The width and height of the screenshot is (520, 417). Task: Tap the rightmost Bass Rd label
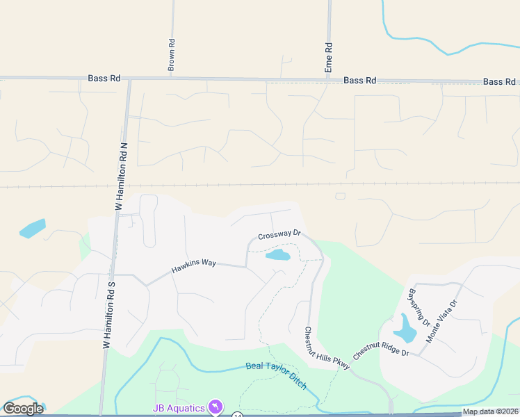click(499, 81)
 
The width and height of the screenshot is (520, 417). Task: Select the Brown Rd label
click(171, 55)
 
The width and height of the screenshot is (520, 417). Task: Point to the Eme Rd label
click(329, 58)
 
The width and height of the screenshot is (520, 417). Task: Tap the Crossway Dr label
click(278, 235)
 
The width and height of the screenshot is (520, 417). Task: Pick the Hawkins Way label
click(195, 265)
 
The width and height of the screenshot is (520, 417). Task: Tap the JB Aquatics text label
click(179, 407)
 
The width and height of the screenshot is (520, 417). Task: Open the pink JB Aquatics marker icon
click(216, 407)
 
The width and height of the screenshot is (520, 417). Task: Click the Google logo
click(23, 409)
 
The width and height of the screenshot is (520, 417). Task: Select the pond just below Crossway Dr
click(278, 255)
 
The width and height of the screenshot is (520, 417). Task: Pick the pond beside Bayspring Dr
click(404, 328)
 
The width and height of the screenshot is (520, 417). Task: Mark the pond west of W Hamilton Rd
click(33, 228)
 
